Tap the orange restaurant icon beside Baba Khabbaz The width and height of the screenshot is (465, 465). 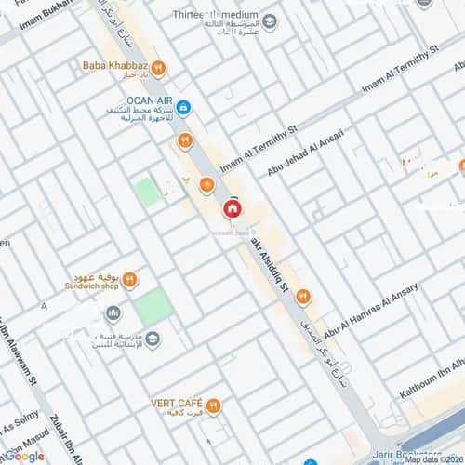(160, 67)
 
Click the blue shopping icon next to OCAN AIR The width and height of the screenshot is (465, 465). (183, 108)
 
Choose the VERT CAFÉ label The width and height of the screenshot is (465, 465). (177, 405)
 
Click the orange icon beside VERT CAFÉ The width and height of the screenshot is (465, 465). (215, 405)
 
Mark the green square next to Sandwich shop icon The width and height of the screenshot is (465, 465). (153, 305)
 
